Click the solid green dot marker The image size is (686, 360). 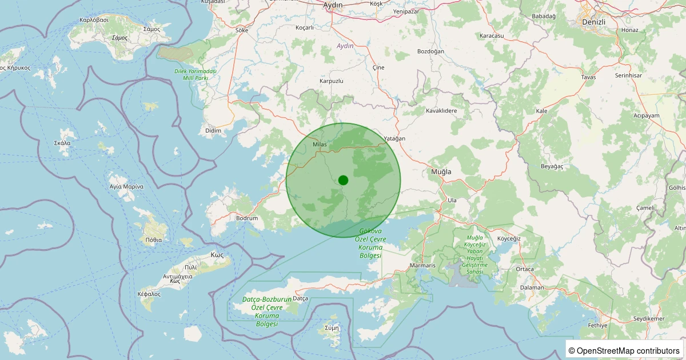pos(343,180)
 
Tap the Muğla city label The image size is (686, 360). pos(441,171)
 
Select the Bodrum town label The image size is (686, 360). pos(247,218)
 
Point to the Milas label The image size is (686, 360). pos(320,145)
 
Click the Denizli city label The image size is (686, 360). pos(593,21)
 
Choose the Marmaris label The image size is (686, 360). pos(423,266)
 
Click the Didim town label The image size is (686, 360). pos(213,131)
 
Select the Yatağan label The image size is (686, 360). pos(394,139)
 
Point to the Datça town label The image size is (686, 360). pos(300,298)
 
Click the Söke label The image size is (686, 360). pos(242,30)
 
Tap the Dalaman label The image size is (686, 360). pos(532,287)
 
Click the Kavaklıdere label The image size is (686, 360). pos(442,111)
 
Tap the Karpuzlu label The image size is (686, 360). pos(331,81)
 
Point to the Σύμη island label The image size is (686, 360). pos(332,328)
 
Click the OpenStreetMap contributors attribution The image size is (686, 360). pos(624,350)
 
